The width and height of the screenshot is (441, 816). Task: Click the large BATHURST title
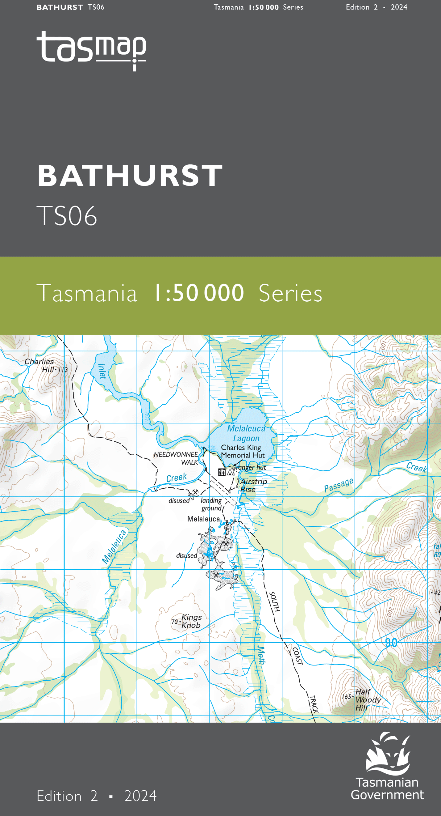tap(130, 176)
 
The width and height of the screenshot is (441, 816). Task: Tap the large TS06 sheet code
tap(67, 216)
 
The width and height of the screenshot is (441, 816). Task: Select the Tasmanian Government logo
tap(388, 767)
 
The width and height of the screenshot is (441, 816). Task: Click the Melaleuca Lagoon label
tap(246, 433)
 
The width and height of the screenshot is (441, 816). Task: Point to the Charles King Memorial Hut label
tap(242, 451)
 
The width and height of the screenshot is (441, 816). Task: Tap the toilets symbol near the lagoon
tap(222, 472)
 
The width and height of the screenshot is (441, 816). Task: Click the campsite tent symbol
tap(230, 472)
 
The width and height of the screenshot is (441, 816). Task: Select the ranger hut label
tap(251, 467)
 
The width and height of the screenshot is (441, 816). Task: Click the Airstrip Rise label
tap(253, 485)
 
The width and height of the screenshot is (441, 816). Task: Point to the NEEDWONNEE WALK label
tap(176, 458)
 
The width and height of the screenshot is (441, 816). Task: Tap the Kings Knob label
tap(191, 621)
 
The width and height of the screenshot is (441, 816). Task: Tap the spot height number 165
tap(346, 697)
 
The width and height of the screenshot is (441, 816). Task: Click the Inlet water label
tap(102, 372)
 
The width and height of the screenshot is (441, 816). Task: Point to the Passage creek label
tap(339, 485)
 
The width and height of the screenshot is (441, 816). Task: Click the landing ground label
tap(211, 504)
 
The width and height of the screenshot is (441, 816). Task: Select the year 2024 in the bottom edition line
tap(140, 796)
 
